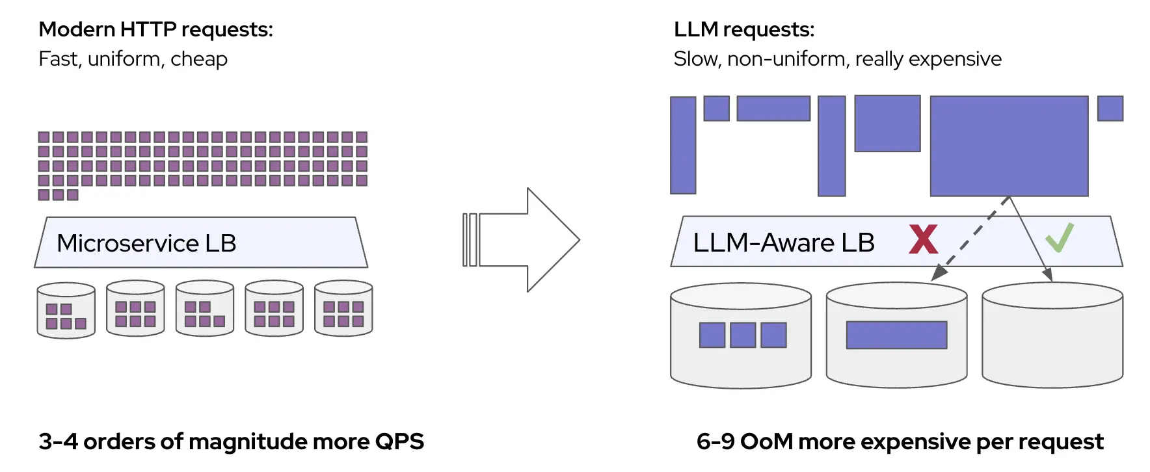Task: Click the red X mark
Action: (x=923, y=239)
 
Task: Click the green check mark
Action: (x=1059, y=238)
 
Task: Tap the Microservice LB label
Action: (x=146, y=243)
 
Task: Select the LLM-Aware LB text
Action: (x=783, y=243)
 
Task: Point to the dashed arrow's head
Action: (x=937, y=274)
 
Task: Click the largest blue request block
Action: (x=1009, y=146)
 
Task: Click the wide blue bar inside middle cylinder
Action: (x=896, y=335)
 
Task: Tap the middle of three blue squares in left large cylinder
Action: (x=743, y=335)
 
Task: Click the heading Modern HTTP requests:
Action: (x=155, y=30)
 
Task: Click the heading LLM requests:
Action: (x=743, y=30)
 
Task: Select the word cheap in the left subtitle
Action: (x=198, y=59)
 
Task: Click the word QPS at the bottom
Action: (x=399, y=441)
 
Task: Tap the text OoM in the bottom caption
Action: (x=766, y=441)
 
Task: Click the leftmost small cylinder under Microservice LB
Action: (x=66, y=310)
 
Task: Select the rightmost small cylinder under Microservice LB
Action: (x=343, y=308)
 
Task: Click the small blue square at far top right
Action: (x=1110, y=109)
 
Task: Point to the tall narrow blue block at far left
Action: (x=683, y=145)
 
